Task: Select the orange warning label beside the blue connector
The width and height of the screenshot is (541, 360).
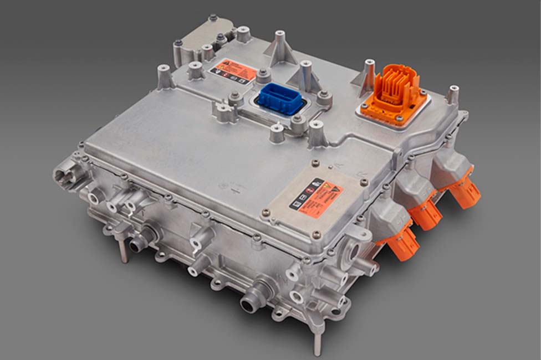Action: click(233, 71)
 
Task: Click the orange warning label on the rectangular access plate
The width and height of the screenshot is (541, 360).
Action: click(316, 198)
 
